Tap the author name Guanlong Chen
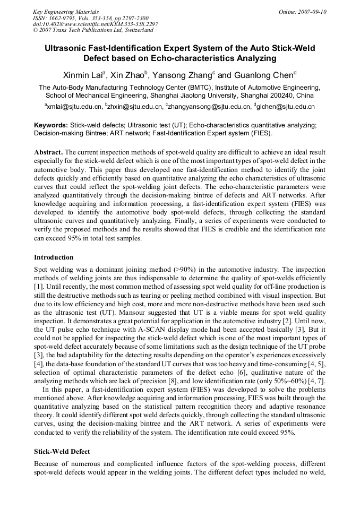coord(263,75)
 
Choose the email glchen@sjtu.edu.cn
coord(287,107)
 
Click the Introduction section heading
coord(54,257)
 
